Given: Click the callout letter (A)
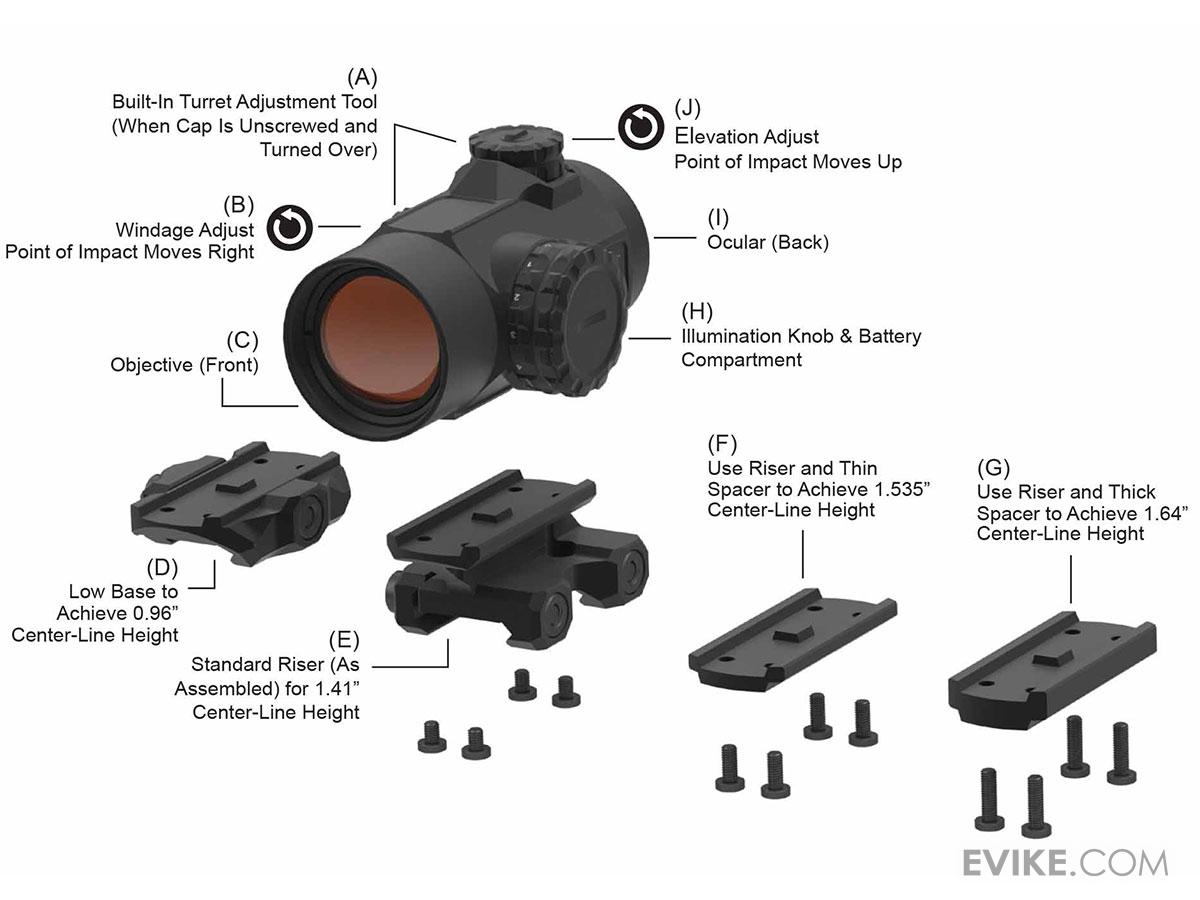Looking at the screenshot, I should [x=362, y=77].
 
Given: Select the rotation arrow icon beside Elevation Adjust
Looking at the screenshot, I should [x=639, y=127].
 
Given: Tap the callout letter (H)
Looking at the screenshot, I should [x=697, y=311].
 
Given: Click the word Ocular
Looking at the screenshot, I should [x=739, y=242].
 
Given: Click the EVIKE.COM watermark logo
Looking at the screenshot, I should [x=1066, y=862].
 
